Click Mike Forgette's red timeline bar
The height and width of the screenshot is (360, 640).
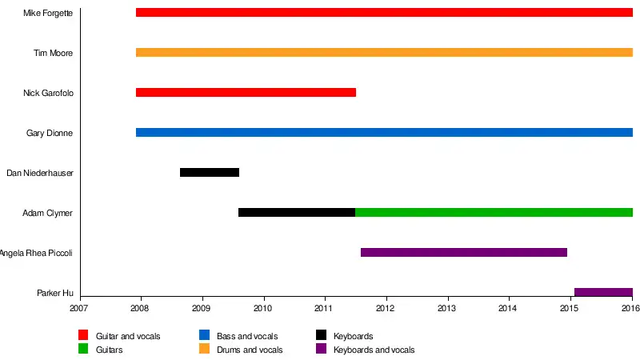(x=384, y=13)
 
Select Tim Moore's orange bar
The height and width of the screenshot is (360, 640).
(x=384, y=53)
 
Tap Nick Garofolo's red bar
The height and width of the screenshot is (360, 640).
(x=246, y=93)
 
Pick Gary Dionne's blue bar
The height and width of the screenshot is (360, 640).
(x=384, y=133)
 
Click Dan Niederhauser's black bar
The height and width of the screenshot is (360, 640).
(x=210, y=173)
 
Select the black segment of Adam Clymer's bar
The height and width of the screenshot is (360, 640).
(x=297, y=213)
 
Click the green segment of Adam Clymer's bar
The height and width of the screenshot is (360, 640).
(x=494, y=213)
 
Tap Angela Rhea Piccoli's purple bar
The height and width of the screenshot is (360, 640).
(x=464, y=253)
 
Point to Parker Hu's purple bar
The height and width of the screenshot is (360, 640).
(x=603, y=293)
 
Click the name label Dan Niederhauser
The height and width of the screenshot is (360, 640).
(x=40, y=173)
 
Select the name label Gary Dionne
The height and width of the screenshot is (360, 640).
(x=50, y=133)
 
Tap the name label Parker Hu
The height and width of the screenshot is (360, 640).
(x=55, y=293)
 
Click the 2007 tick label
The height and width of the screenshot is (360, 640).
(x=79, y=308)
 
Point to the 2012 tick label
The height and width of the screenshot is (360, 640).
(x=386, y=308)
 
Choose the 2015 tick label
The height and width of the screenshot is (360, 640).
(x=570, y=308)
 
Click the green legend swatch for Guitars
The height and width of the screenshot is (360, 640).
(x=83, y=349)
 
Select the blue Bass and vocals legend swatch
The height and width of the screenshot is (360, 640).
(x=204, y=336)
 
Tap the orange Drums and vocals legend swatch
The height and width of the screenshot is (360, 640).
(x=204, y=349)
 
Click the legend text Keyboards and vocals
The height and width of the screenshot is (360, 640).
(x=374, y=350)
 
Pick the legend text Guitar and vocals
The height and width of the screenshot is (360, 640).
(x=128, y=337)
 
